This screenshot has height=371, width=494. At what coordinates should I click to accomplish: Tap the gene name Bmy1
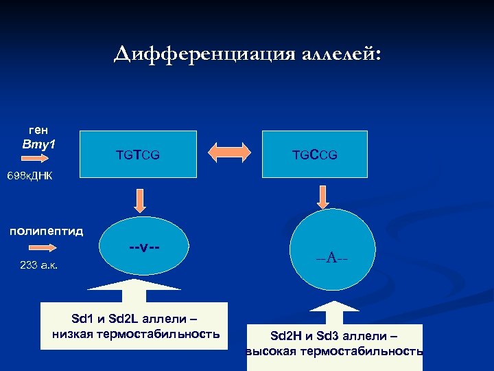(38, 144)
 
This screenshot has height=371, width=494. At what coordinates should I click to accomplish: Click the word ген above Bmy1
(38, 129)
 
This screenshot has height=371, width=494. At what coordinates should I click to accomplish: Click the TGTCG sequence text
(138, 156)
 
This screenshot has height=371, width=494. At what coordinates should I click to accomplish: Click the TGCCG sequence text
(316, 156)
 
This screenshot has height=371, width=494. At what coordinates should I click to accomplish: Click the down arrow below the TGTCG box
(139, 199)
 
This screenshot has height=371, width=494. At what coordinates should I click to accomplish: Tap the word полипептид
(46, 231)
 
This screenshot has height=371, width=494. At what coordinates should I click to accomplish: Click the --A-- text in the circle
(331, 258)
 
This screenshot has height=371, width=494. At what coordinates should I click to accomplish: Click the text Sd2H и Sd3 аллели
(334, 336)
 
